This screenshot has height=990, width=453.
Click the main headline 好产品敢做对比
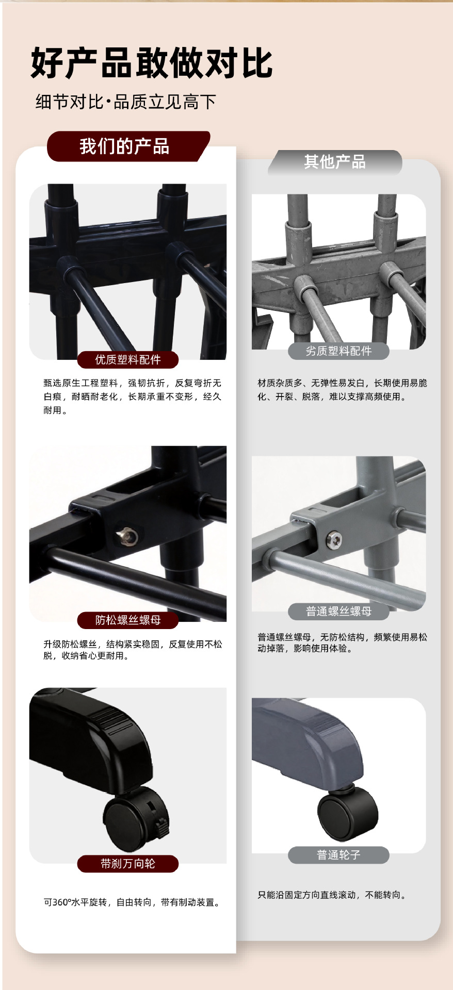click(152, 63)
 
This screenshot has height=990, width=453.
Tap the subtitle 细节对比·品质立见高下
click(125, 102)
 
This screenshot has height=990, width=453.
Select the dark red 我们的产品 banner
click(128, 146)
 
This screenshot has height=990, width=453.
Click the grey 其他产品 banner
click(335, 162)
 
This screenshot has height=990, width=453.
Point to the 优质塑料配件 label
click(128, 359)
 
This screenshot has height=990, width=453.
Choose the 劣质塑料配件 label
click(338, 351)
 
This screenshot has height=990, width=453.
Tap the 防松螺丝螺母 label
click(128, 620)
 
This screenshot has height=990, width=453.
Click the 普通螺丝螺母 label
click(338, 611)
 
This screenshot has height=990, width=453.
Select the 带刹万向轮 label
click(128, 864)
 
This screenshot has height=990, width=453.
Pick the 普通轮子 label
click(338, 855)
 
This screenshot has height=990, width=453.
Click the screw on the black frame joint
click(126, 536)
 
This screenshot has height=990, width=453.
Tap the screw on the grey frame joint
click(333, 540)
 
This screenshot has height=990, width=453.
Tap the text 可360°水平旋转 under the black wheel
click(75, 902)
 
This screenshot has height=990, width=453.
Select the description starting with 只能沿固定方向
click(332, 895)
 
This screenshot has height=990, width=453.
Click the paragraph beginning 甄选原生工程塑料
click(133, 397)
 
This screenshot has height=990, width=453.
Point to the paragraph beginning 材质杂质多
click(343, 390)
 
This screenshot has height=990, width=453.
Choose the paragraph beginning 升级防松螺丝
click(133, 650)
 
